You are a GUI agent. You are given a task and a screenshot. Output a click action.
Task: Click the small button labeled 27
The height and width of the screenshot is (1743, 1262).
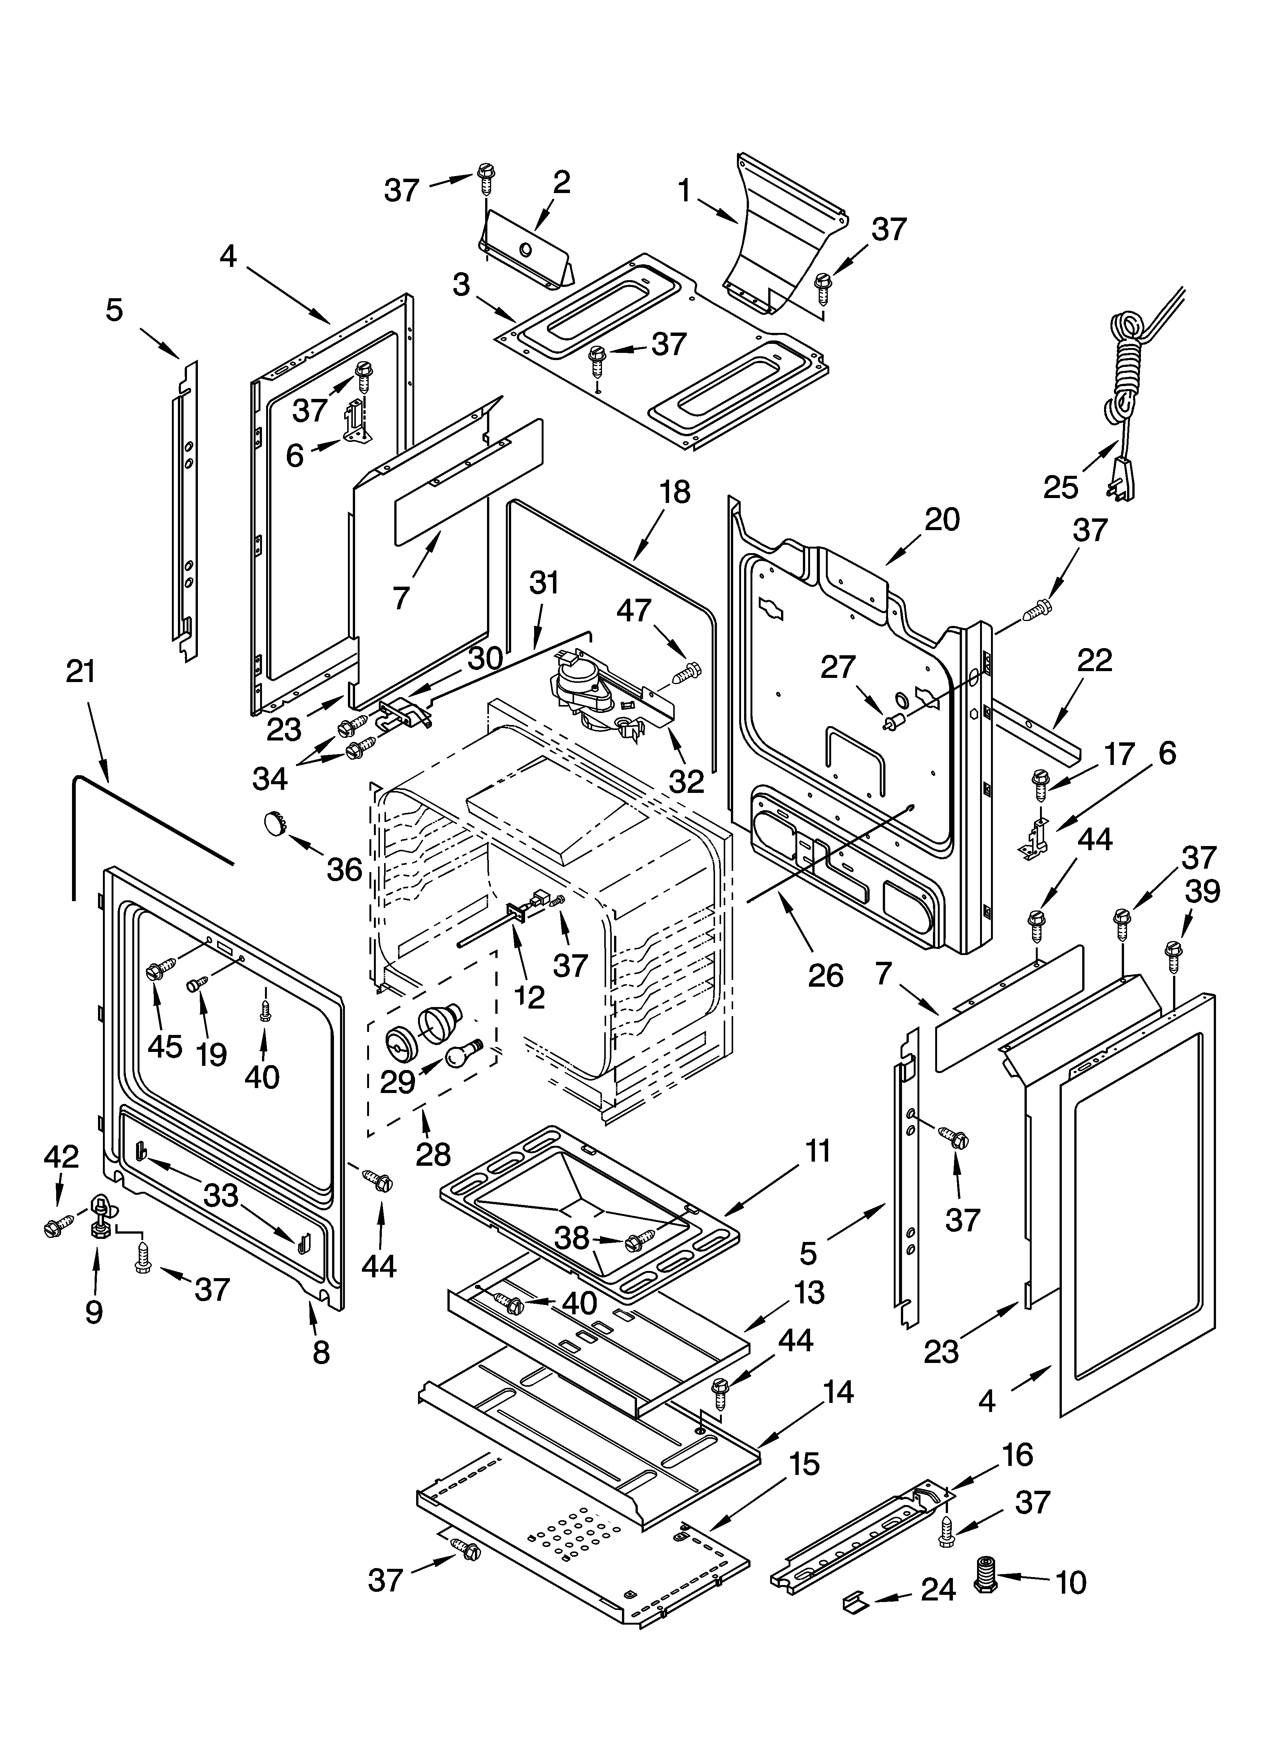[x=893, y=722]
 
